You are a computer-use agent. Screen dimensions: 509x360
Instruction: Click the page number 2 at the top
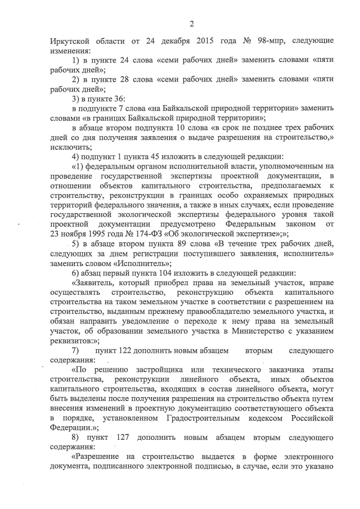point(191,23)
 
